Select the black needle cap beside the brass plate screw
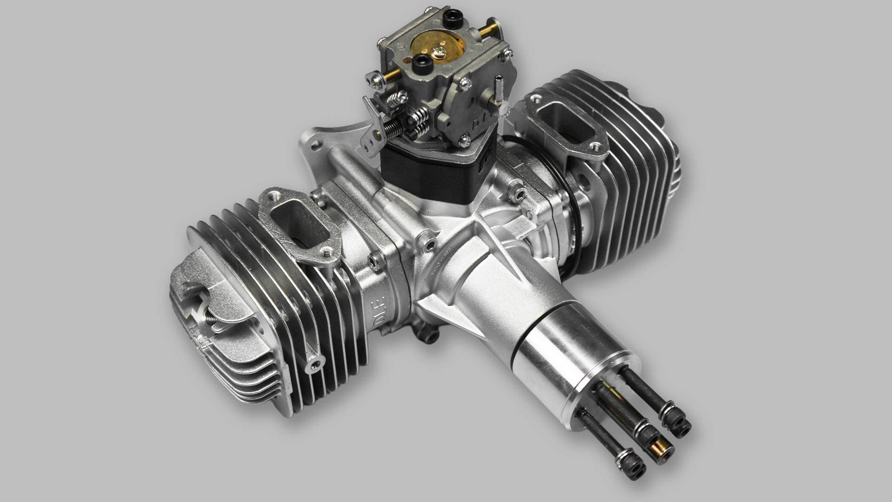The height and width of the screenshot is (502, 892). coord(420,61)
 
